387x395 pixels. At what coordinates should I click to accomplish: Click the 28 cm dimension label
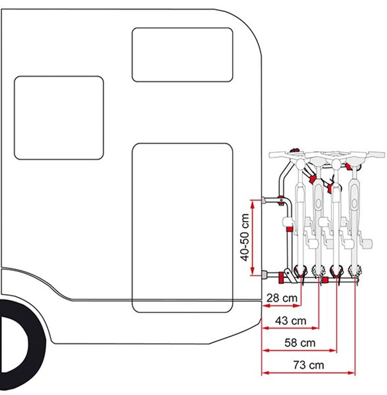[x=282, y=298]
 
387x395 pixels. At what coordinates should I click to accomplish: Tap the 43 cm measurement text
[x=291, y=321]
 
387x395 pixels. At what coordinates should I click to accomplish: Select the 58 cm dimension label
[x=300, y=343]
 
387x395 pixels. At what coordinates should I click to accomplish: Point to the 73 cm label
[x=309, y=365]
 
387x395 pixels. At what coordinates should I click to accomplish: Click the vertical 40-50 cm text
[x=245, y=237]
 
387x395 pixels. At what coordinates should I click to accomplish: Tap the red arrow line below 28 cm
[x=281, y=305]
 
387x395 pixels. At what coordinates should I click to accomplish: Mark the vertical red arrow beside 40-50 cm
[x=253, y=238]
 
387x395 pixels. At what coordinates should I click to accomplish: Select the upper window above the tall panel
[x=182, y=55]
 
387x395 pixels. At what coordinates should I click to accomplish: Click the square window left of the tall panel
[x=59, y=118]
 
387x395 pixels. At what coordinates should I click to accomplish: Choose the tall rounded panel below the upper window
[x=182, y=228]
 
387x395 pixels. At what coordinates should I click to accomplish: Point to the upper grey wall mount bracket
[x=264, y=200]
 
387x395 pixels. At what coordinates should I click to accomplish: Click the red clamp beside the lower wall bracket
[x=281, y=278]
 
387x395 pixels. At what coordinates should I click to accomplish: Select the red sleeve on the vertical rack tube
[x=290, y=229]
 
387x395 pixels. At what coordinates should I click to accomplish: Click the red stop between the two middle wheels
[x=325, y=279]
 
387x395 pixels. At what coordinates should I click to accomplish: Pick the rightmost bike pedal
[x=367, y=243]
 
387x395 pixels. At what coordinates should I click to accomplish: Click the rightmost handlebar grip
[x=377, y=154]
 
